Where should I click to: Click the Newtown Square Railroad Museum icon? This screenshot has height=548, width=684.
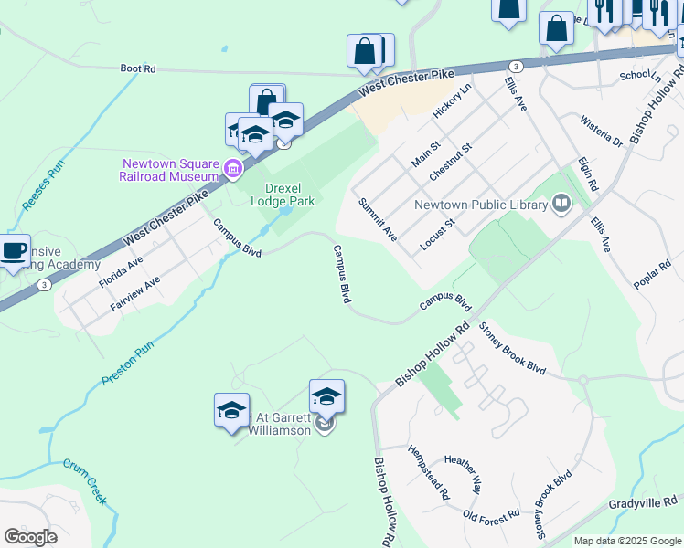(232, 169)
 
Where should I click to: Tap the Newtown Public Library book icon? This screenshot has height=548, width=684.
(561, 203)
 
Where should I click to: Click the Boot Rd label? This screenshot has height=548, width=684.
(138, 68)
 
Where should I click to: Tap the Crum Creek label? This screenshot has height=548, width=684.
(85, 481)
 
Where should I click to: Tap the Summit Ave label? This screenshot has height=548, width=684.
(377, 219)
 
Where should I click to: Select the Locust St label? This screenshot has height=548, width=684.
(437, 235)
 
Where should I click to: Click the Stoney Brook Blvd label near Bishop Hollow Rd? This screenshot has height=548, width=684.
(511, 352)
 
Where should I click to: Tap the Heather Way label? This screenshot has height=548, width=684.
(463, 473)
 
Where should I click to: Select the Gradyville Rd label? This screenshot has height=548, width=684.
(645, 502)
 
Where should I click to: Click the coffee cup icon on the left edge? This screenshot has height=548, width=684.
(13, 251)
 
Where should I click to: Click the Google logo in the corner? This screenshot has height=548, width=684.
(30, 537)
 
